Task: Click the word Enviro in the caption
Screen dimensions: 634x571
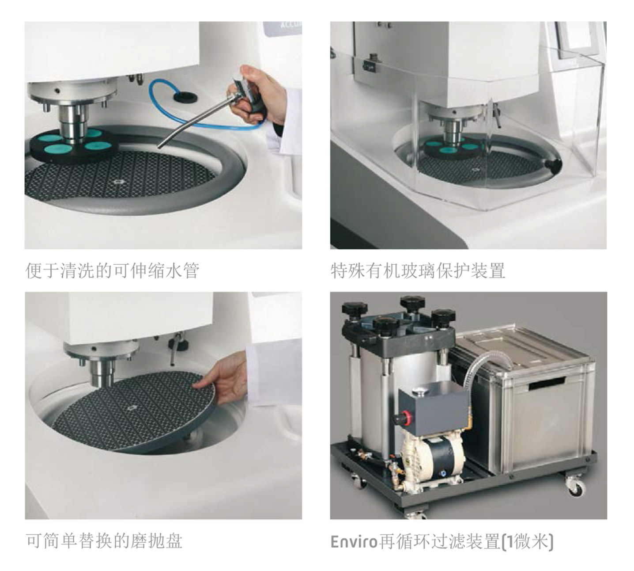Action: pos(354,541)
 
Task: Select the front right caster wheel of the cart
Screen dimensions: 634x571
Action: pos(575,488)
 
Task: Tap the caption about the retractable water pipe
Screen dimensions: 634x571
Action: pos(112,270)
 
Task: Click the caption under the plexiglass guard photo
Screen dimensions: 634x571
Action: pos(418,270)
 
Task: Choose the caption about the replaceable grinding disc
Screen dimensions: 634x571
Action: pos(104,541)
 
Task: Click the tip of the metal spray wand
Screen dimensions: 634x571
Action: pos(159,147)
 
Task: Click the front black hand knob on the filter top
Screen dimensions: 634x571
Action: pos(385,327)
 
